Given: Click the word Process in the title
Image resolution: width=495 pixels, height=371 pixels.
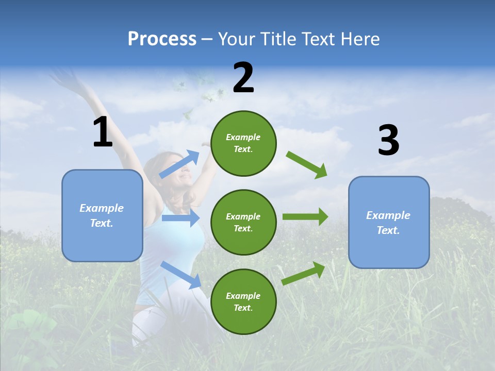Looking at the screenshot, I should (162, 39).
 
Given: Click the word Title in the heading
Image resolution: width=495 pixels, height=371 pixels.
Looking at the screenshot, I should (277, 39).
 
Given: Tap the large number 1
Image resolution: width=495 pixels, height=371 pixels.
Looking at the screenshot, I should (103, 132).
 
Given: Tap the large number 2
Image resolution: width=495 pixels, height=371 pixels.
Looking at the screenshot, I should (243, 78).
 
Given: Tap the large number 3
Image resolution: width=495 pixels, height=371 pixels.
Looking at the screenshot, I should (388, 141).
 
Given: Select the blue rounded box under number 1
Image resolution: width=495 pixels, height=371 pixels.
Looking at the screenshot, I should (102, 215).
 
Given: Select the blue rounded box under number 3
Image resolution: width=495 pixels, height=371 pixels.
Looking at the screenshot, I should (389, 223).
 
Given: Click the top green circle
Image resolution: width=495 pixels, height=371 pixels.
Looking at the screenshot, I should (243, 143).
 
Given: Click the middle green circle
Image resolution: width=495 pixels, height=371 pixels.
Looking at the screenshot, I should (243, 222).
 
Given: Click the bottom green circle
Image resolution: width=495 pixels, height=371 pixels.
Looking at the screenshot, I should (243, 301).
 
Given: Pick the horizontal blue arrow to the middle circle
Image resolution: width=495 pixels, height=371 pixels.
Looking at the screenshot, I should (180, 218).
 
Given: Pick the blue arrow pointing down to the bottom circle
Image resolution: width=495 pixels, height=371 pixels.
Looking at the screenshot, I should (181, 275).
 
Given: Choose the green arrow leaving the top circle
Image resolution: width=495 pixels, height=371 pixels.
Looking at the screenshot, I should (307, 164).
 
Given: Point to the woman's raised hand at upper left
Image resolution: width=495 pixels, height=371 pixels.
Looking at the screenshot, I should (61, 77).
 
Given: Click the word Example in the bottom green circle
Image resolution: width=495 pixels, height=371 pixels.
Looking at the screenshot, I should (243, 296).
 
